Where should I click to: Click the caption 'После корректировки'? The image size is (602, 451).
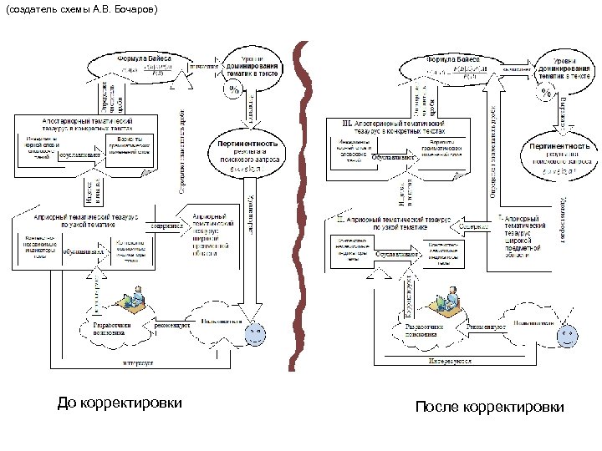point(488,407)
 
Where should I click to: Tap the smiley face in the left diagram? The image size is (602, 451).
point(254,334)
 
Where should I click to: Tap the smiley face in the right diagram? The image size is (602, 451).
point(569,336)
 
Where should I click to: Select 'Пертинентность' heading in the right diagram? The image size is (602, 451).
point(561,146)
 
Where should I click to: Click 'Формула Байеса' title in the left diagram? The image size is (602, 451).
point(144,58)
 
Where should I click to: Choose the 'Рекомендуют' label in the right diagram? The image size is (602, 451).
point(487,327)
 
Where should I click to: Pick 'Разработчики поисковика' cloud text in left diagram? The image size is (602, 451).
point(110,327)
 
